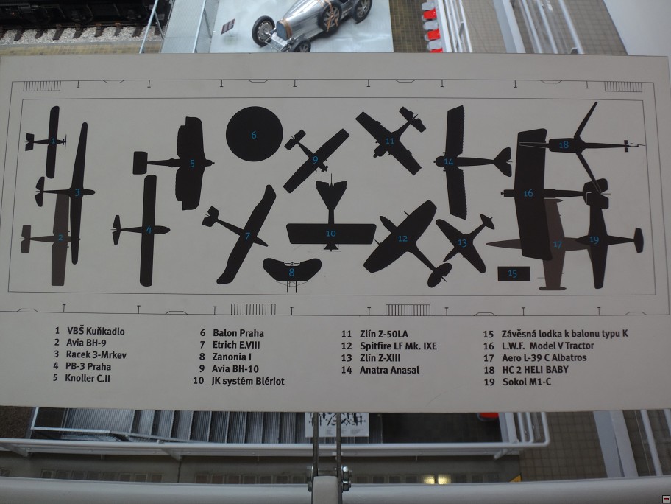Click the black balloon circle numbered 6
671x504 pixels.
tap(254, 133)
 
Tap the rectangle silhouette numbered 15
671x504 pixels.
tap(514, 273)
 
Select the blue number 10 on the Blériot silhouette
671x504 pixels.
tap(331, 234)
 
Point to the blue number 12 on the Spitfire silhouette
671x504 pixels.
tap(402, 238)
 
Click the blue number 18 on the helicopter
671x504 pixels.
tap(564, 145)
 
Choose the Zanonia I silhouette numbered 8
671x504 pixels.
tap(292, 271)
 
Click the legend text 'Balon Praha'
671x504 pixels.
tap(238, 333)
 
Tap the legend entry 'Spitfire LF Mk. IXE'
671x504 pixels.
tap(398, 346)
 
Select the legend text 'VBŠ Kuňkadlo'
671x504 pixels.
tap(96, 331)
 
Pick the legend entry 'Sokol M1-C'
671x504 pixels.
tap(527, 382)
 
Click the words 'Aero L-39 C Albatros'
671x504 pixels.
tap(544, 357)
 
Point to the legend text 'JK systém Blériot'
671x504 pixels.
tap(247, 381)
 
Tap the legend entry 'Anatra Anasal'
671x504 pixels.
tap(389, 370)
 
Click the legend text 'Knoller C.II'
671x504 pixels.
tap(88, 378)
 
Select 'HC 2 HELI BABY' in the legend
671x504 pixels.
tap(535, 369)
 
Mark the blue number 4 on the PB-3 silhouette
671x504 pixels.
tap(149, 230)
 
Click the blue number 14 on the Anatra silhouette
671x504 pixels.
tap(449, 161)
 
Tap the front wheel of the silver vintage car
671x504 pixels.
tap(263, 31)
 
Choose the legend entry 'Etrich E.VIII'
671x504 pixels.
tap(235, 345)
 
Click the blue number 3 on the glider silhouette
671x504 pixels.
tap(77, 192)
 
